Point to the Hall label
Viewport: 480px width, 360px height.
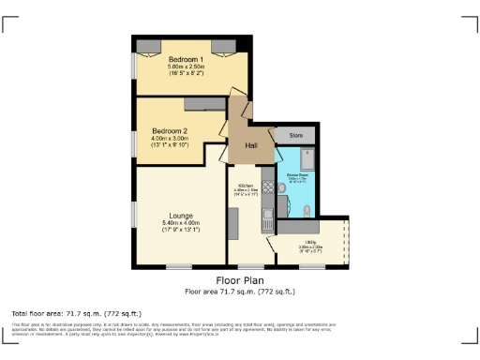pos(251,145)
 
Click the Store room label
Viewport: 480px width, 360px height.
pos(296,136)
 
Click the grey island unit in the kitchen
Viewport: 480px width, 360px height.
pos(233,222)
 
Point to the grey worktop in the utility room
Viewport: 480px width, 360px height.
pos(298,226)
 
